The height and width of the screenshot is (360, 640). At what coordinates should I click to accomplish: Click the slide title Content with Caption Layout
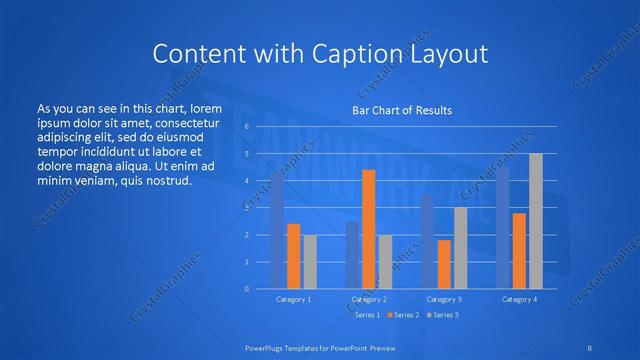point(320,52)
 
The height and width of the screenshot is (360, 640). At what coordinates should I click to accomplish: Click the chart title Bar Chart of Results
point(401,110)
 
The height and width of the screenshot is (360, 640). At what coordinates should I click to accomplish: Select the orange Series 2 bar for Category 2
point(368,229)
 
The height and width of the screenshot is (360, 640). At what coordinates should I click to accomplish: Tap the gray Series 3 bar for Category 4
point(535,221)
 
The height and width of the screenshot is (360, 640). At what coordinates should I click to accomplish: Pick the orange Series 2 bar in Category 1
point(293,256)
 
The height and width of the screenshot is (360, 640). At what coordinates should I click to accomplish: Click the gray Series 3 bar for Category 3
point(460,248)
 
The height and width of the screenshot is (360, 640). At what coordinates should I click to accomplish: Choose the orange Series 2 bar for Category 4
point(519,250)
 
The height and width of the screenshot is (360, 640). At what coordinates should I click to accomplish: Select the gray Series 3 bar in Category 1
point(309,262)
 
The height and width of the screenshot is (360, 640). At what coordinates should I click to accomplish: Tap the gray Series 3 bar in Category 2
point(384,262)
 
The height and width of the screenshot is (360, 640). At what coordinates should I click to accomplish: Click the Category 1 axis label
point(293,299)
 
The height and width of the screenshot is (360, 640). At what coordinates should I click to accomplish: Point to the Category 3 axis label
point(444,299)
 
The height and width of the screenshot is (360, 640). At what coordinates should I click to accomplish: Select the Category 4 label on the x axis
point(519,299)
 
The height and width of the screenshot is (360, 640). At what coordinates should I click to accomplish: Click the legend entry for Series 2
point(405,315)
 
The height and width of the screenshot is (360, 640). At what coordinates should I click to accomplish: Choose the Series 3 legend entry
point(443,315)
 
